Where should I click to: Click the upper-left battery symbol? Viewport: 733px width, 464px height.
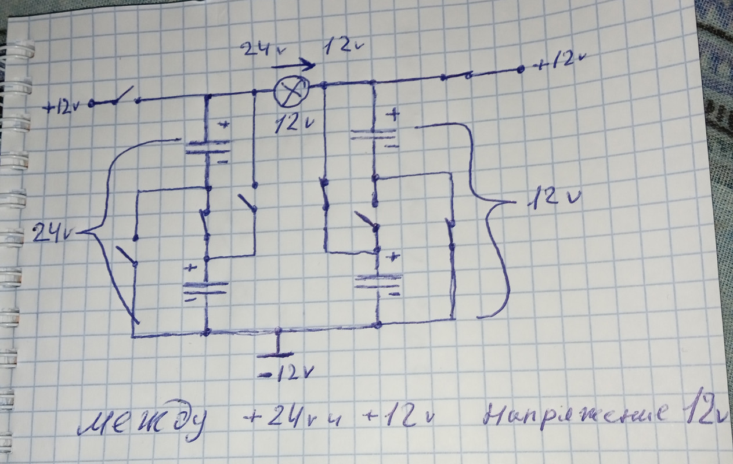point(207,148)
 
